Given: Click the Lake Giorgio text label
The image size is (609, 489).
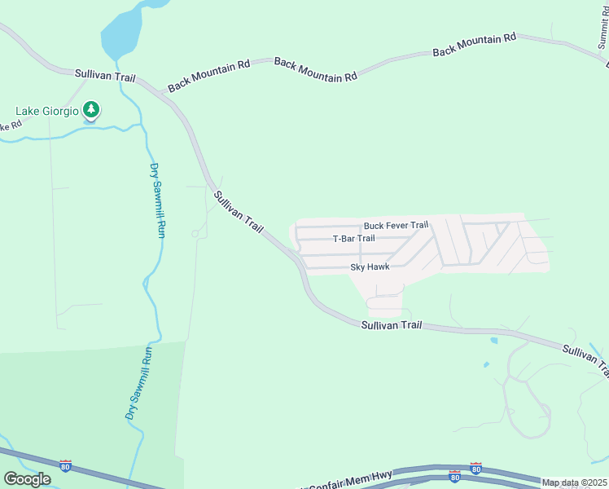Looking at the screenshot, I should (x=48, y=111).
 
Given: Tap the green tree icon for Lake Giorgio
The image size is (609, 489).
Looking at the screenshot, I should (x=91, y=110).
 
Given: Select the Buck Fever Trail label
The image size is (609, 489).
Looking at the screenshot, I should (x=396, y=225).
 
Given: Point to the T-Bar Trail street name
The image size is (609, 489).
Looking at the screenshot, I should (x=354, y=239).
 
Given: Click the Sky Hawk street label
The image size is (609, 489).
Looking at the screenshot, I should (x=370, y=267).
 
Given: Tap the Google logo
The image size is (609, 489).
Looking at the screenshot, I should (x=27, y=479).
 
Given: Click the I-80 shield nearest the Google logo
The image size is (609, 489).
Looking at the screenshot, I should (x=66, y=465).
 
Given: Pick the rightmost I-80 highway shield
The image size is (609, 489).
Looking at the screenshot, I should (x=476, y=469).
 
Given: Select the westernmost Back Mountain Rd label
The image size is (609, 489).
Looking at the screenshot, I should (x=208, y=75).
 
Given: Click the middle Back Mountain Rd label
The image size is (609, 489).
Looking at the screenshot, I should (x=316, y=69).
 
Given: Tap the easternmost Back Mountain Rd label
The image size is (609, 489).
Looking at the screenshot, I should (x=475, y=44).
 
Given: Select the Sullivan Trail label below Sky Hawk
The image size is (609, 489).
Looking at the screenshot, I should (x=392, y=324).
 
